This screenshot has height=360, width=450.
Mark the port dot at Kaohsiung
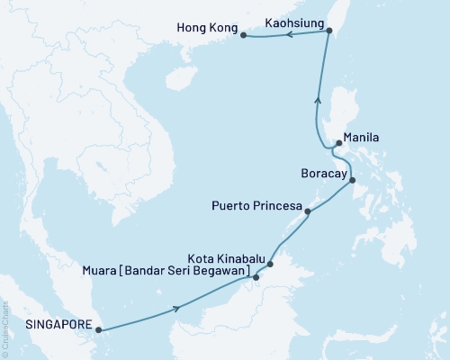(328, 31)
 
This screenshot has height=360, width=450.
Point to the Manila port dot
(337, 142)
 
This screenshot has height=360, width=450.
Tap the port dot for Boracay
(352, 181)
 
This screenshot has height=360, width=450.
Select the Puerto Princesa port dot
(309, 212)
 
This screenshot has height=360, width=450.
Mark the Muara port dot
(256, 277)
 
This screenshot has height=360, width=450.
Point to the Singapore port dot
(97, 329)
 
